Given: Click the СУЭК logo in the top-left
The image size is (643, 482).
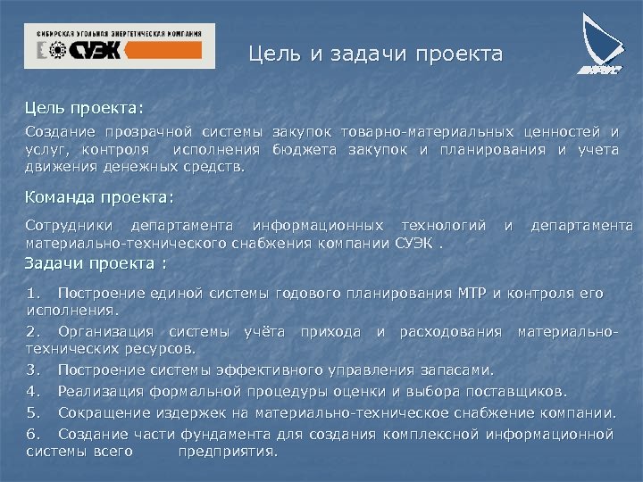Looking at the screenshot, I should point(119,46).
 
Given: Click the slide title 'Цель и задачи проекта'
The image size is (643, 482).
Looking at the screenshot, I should point(375,55).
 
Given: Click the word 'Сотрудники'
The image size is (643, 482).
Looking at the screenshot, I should point(70,224).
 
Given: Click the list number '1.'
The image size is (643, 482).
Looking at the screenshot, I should point(34,293).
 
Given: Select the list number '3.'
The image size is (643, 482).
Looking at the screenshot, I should point(34,370).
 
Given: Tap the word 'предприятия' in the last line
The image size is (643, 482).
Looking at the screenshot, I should point(228,452).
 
